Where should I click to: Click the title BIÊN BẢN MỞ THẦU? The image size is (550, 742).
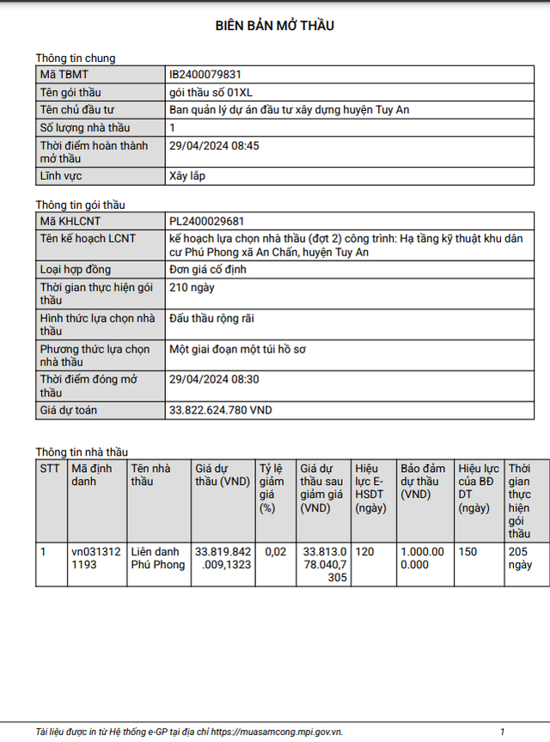click(275, 26)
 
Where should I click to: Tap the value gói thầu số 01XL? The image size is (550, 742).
click(211, 92)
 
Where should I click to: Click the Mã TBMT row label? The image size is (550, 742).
click(64, 75)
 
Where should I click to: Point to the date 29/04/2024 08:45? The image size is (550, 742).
click(214, 145)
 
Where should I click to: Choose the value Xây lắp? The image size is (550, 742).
click(187, 176)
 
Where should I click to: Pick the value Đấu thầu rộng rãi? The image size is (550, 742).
click(211, 318)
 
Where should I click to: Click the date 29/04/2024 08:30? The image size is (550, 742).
click(214, 379)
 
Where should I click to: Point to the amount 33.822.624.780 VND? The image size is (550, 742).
click(220, 410)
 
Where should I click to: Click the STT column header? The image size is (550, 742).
click(50, 469)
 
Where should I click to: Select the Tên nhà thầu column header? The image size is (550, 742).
click(150, 475)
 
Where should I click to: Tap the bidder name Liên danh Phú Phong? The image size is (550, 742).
click(157, 558)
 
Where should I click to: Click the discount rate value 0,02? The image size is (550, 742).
click(276, 551)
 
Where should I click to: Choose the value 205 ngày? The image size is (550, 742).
click(520, 558)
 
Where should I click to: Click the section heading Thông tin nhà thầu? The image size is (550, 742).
click(82, 451)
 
